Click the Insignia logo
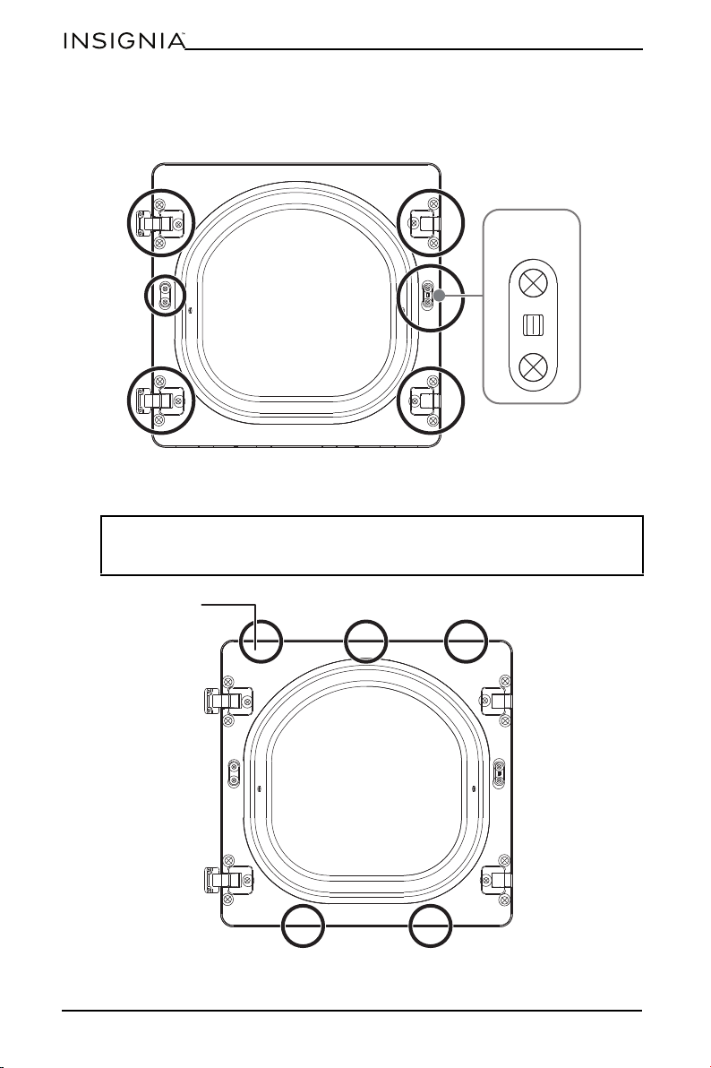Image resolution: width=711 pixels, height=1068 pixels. click(124, 41)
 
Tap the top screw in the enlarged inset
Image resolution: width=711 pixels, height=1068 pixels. click(534, 282)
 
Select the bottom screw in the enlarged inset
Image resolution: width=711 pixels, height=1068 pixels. click(534, 368)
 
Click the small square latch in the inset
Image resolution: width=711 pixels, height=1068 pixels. click(533, 325)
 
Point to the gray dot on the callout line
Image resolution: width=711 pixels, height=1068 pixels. click(440, 296)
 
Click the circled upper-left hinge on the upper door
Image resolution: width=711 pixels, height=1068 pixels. click(161, 222)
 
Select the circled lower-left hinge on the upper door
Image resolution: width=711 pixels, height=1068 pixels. click(161, 400)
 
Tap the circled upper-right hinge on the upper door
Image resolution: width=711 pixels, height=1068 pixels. click(428, 222)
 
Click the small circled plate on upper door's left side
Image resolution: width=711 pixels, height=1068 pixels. click(166, 295)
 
